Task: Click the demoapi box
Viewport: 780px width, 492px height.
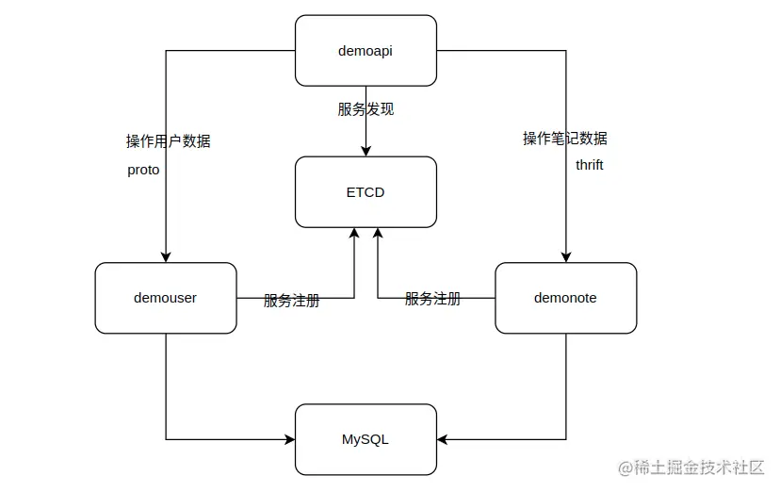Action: pos(366,50)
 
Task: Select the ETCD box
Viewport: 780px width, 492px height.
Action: pos(366,192)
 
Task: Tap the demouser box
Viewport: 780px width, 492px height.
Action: pos(166,298)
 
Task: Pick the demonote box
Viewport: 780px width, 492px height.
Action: pos(565,298)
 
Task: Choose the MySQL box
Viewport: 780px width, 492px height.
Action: pos(366,439)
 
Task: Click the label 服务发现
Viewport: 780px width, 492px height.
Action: pos(366,109)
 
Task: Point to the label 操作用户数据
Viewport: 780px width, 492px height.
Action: pos(169,141)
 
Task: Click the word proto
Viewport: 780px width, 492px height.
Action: pos(144,171)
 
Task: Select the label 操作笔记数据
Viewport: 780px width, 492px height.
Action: pos(565,139)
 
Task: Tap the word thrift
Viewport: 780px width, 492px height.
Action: pos(590,165)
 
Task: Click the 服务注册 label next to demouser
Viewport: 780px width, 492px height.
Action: pos(291,301)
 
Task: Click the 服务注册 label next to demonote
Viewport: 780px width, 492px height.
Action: pos(432,299)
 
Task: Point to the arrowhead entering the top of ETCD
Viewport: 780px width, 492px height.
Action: pos(366,151)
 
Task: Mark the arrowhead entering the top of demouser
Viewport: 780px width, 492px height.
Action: pos(166,256)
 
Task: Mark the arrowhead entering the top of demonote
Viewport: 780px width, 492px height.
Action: pos(566,256)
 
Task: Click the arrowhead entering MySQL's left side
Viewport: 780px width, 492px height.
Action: pos(289,439)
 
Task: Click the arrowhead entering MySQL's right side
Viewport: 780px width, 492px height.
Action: pos(443,439)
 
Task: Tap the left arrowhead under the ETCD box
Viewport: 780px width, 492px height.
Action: pos(354,234)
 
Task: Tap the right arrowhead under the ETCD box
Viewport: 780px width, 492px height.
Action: pos(378,234)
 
